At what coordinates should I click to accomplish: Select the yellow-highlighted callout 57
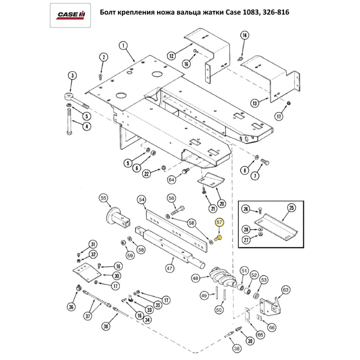click(x=219, y=223)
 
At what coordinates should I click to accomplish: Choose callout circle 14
click(x=244, y=35)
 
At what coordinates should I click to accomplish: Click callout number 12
click(x=171, y=55)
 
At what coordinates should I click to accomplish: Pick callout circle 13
click(x=255, y=103)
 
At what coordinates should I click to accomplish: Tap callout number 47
click(x=170, y=268)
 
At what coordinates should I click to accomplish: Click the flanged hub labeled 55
click(x=114, y=216)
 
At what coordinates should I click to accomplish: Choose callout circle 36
click(x=71, y=307)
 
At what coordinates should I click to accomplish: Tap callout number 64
click(x=171, y=179)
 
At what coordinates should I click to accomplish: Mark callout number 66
click(x=272, y=327)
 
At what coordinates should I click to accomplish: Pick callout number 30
click(x=106, y=276)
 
